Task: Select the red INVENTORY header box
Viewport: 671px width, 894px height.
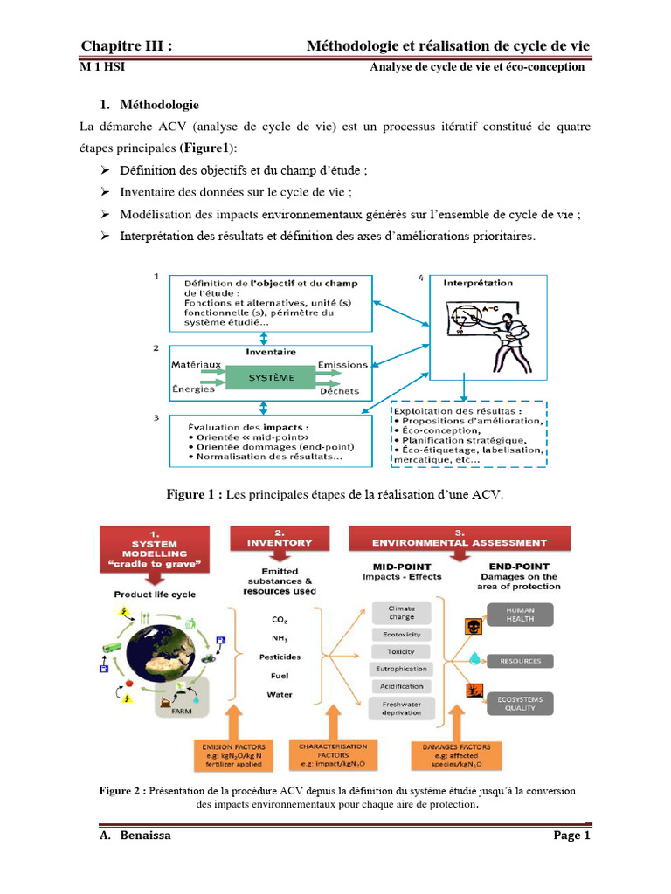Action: click(x=279, y=541)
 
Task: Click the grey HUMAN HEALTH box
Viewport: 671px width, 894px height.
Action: click(x=520, y=615)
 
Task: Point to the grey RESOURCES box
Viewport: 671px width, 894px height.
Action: click(x=520, y=661)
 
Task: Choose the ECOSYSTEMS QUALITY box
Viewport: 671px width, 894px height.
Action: click(x=520, y=703)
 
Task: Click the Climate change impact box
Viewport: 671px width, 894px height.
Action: click(x=401, y=613)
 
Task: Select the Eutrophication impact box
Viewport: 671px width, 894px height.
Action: click(x=401, y=669)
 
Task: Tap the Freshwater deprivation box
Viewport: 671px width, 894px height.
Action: click(x=401, y=707)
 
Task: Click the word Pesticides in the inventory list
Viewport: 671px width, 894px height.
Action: click(x=280, y=656)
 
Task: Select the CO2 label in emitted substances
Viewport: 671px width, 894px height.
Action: click(x=280, y=620)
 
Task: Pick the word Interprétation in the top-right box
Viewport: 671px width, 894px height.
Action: click(x=478, y=283)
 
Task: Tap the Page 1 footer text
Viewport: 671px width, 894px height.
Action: click(x=572, y=836)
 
